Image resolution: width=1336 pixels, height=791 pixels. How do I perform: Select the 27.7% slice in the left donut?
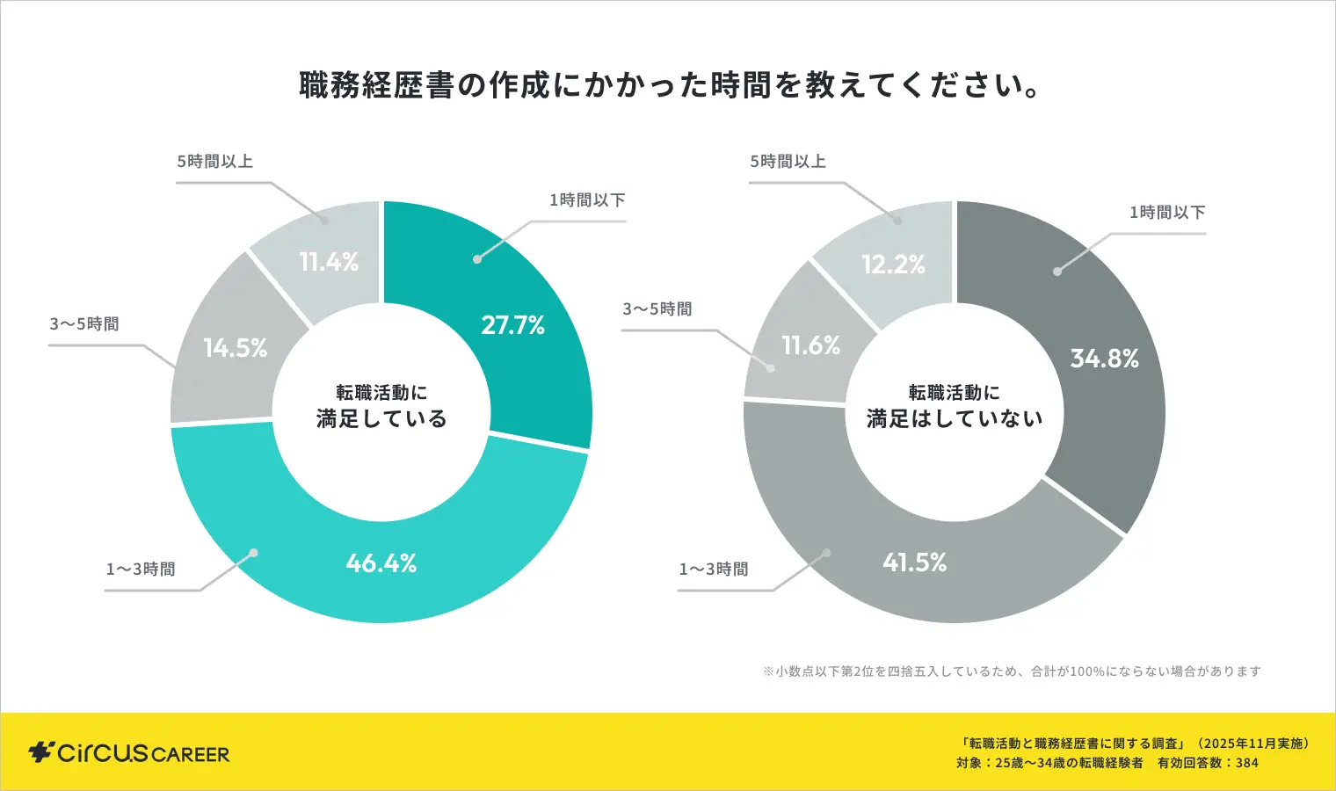pos(512,325)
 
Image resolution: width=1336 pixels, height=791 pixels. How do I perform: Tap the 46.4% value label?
pos(381,562)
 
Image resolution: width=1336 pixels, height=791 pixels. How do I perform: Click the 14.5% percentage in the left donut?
pos(236,348)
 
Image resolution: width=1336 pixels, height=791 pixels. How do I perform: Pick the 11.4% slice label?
pos(329,262)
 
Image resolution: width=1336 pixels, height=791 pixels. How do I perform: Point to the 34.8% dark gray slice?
pos(1104,359)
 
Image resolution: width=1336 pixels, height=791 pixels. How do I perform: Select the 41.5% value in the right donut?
pos(914,562)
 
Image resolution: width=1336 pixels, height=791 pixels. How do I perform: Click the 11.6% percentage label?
pos(810,345)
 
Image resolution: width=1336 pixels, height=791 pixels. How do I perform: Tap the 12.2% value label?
pos(893,265)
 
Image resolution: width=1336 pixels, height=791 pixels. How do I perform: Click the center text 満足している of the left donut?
pos(381,418)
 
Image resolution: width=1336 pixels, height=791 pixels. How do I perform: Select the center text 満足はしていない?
pos(955,418)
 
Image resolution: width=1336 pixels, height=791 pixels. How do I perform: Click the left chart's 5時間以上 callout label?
pos(215,162)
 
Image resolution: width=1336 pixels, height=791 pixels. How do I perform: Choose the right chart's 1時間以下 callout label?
pos(1167,213)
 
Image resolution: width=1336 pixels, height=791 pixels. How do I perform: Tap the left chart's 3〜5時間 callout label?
pos(84,324)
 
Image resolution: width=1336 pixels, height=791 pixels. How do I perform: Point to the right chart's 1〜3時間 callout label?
pos(714,570)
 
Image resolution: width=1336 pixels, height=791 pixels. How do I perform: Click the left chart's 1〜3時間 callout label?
pos(141,570)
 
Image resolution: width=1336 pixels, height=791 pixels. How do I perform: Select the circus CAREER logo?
pos(129,753)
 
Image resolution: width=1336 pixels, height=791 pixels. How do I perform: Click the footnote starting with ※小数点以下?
pos(1012,671)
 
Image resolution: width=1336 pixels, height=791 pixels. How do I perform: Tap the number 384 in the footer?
pos(1247,763)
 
